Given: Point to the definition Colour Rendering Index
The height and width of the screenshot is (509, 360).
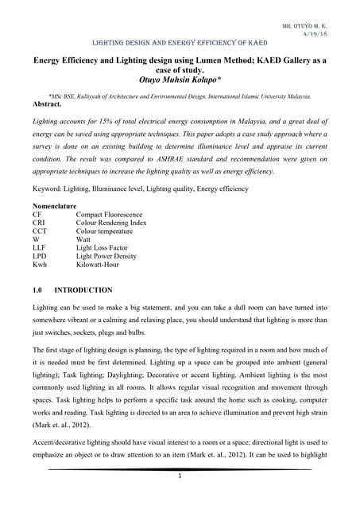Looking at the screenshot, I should (114, 225).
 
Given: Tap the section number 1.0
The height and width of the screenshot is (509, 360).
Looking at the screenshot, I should (38, 290).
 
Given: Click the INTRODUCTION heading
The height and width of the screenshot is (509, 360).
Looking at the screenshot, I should (83, 290).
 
